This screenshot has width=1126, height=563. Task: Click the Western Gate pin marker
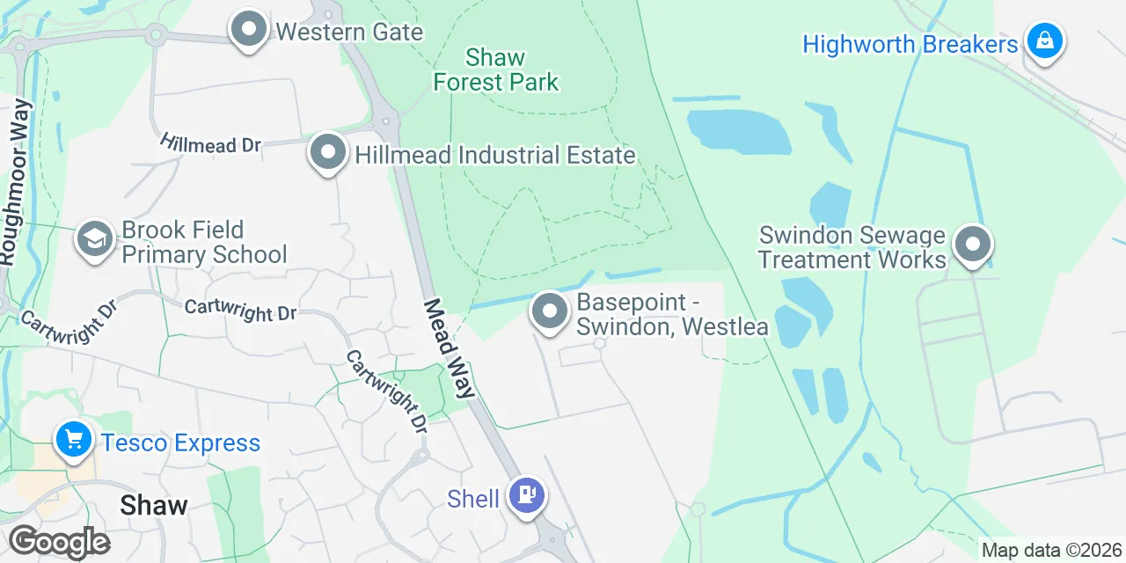point(249,31)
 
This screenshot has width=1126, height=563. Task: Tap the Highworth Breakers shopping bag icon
point(1044,41)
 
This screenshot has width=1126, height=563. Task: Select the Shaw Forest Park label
point(496,70)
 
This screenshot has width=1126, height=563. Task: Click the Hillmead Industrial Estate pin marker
point(328,153)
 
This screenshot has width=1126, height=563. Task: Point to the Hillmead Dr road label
point(211,144)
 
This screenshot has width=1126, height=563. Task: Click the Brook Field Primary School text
point(204,243)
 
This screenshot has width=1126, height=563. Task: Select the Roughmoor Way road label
point(17,183)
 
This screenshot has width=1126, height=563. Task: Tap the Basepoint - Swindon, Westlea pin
point(550,312)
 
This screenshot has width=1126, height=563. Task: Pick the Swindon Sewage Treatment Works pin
point(973,245)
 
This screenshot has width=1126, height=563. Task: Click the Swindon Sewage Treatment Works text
point(852,247)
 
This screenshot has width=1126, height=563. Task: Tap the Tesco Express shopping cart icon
point(73,439)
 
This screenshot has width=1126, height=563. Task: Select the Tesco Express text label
point(180,442)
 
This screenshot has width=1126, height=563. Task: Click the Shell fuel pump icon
point(526,495)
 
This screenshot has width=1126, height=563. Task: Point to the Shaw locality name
point(153,505)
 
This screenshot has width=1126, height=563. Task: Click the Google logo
point(59,543)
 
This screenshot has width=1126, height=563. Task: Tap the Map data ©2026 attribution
point(1051,551)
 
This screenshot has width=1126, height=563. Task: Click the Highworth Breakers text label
point(910,44)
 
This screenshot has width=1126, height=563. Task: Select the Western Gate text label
point(349,33)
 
